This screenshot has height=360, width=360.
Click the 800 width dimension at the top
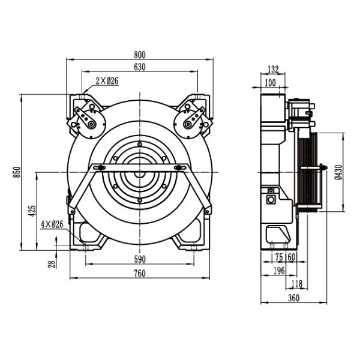pyautogui.click(x=139, y=54)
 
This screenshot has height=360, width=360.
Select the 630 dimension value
pyautogui.click(x=139, y=67)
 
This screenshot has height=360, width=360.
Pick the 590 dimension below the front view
pyautogui.click(x=139, y=259)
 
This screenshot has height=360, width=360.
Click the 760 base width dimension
pyautogui.click(x=139, y=274)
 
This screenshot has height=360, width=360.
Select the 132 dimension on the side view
pyautogui.click(x=273, y=69)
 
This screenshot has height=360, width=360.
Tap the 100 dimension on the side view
pyautogui.click(x=271, y=82)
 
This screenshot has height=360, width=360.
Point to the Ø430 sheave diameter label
pyautogui.click(x=339, y=172)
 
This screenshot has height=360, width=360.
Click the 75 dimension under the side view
pyautogui.click(x=279, y=257)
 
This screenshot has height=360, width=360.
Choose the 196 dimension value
pyautogui.click(x=279, y=271)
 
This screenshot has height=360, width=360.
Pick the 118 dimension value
pyautogui.click(x=296, y=284)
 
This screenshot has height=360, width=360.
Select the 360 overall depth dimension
pyautogui.click(x=293, y=298)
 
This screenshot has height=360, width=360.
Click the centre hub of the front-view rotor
pyautogui.click(x=139, y=173)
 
